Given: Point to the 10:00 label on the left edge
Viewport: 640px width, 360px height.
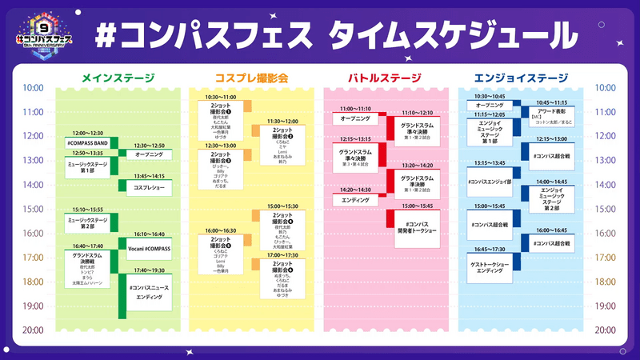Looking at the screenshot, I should click(33, 88).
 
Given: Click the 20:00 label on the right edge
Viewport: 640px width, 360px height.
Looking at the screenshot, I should click(606, 330).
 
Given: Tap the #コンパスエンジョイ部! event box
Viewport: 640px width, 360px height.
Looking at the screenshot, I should click(490, 183).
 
